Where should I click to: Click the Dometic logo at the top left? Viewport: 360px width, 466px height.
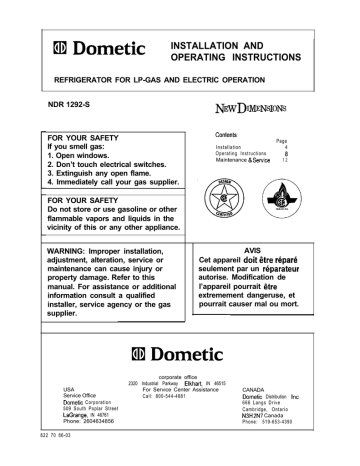point(89,48)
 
